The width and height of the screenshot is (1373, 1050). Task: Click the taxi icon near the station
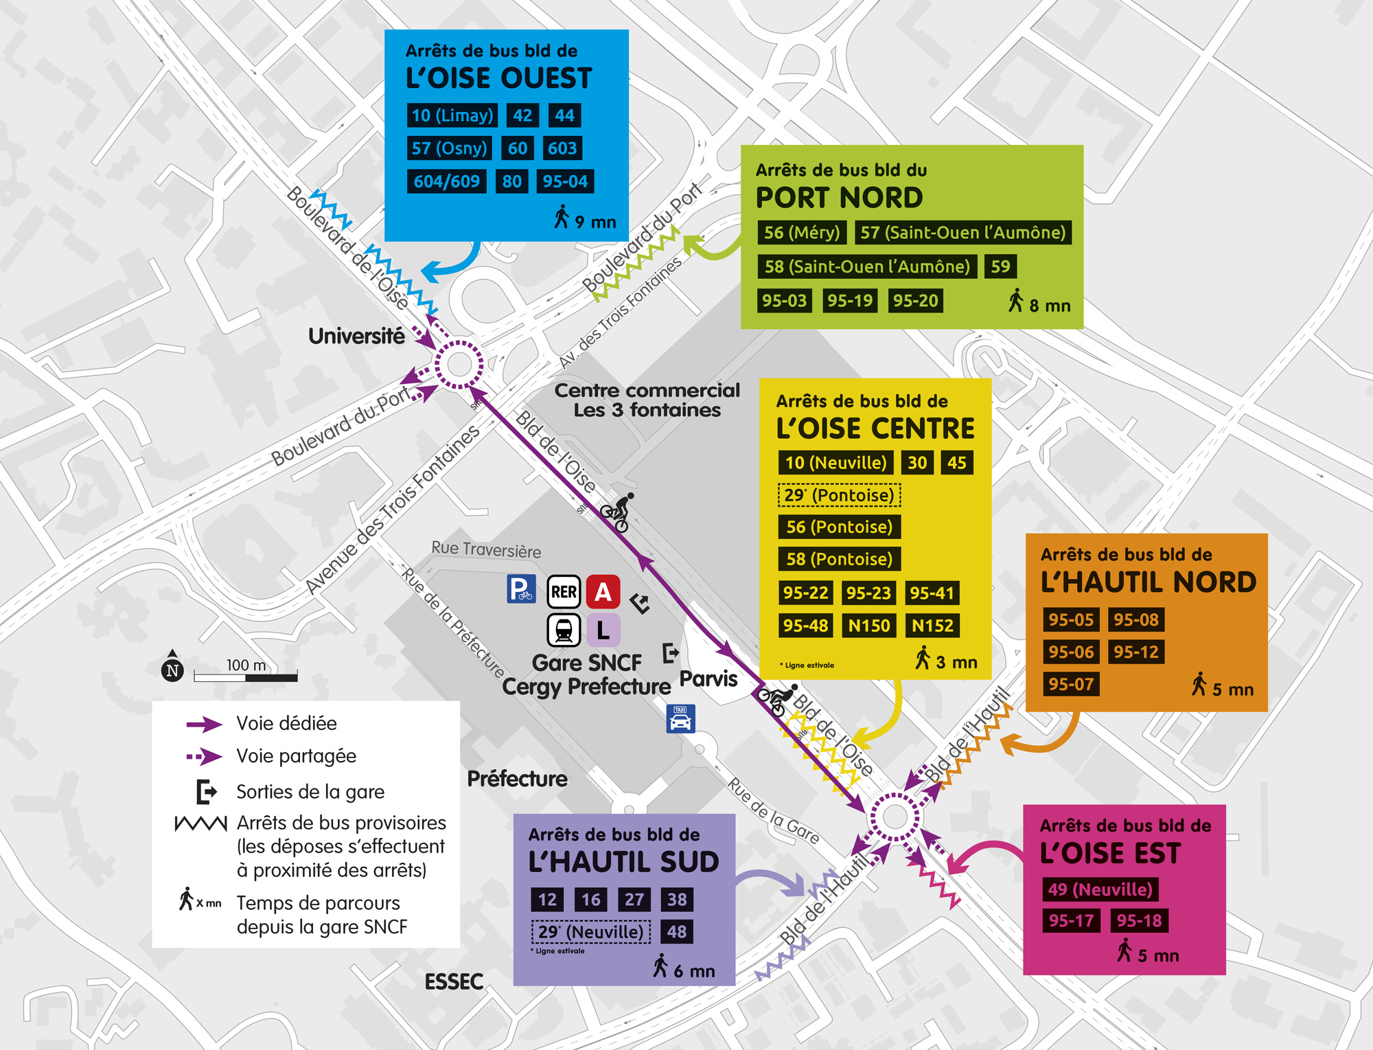(x=680, y=719)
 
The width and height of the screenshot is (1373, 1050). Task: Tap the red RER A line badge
(x=603, y=592)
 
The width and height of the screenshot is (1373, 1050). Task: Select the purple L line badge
(x=603, y=630)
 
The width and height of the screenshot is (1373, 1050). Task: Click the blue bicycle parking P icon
(x=521, y=589)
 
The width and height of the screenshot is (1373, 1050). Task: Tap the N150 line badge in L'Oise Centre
(x=868, y=626)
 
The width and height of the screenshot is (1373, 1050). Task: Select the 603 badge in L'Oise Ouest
(x=562, y=148)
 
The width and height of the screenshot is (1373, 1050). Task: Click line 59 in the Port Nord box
(x=1000, y=266)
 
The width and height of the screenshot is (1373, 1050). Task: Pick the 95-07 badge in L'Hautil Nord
(x=1070, y=684)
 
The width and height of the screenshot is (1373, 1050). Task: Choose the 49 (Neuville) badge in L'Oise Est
(x=1100, y=889)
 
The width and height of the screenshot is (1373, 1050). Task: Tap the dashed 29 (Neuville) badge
(x=590, y=932)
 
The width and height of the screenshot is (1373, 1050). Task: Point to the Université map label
(x=356, y=336)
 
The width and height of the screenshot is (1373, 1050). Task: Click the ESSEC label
(x=454, y=982)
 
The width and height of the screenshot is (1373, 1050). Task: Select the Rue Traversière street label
(x=486, y=549)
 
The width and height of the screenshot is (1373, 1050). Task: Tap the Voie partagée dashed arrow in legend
(x=204, y=757)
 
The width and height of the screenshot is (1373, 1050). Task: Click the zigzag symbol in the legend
(x=200, y=823)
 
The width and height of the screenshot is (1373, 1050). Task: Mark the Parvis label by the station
(x=708, y=679)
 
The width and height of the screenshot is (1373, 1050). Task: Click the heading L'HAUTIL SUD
(x=623, y=862)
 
